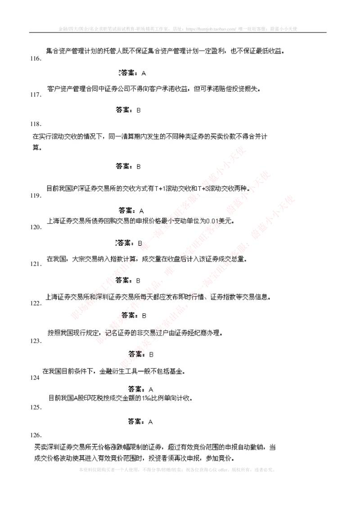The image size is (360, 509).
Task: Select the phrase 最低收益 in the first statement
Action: (269, 51)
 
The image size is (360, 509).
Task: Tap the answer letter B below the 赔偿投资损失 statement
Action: (139, 109)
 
